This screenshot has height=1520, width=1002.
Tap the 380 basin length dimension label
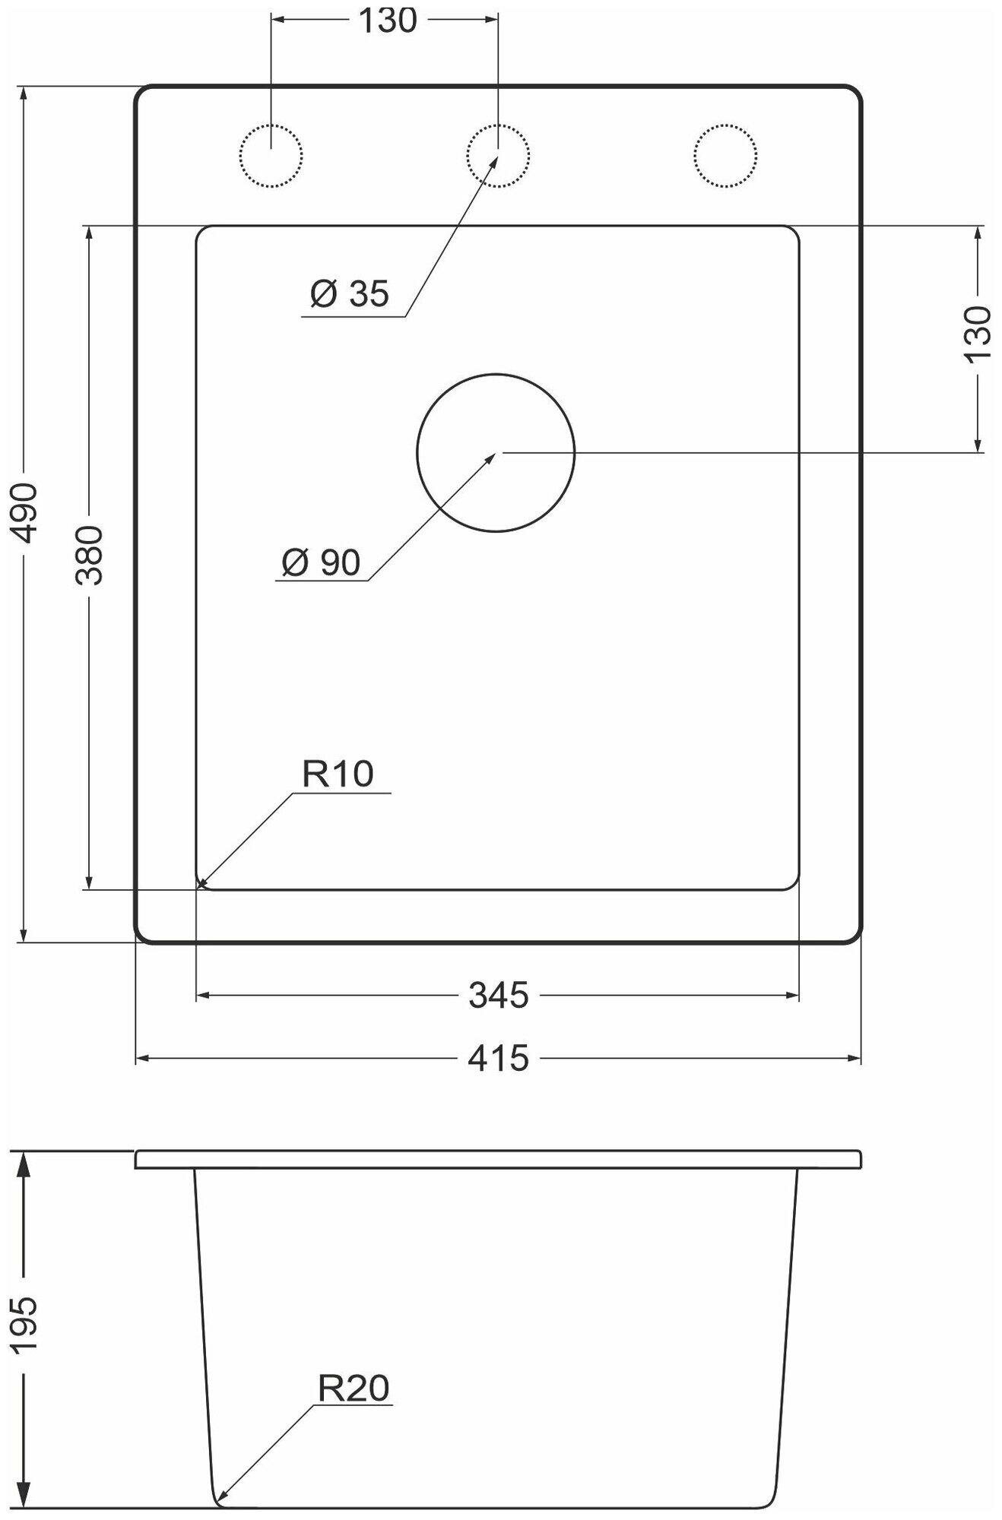point(89,554)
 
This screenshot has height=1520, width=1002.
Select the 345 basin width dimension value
point(498,995)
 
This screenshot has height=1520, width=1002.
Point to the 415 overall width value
point(498,1058)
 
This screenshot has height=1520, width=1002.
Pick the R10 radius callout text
point(338,774)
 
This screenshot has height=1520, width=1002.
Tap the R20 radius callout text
point(354,1389)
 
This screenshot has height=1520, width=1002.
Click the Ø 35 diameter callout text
point(350,293)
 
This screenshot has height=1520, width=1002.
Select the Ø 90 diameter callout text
point(321,562)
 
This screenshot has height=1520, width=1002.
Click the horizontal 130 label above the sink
point(387,21)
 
